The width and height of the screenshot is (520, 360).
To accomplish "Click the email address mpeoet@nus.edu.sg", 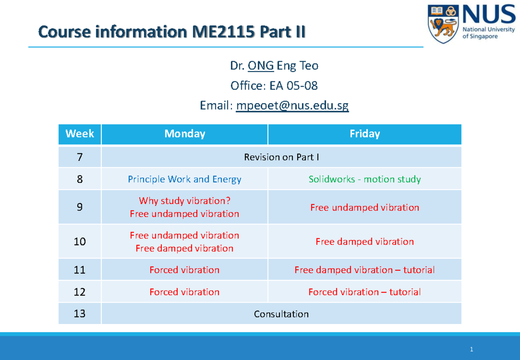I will tap(292, 105).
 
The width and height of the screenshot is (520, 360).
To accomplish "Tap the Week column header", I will tap(80, 134).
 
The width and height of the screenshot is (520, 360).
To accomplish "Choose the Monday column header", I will tap(185, 134).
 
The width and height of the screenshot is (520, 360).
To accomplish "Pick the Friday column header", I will tap(364, 134).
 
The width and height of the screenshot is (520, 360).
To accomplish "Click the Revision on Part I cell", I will tap(281, 157).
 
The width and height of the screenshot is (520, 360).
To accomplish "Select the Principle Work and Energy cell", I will tap(185, 179).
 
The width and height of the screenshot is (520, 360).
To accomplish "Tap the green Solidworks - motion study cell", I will tap(364, 179).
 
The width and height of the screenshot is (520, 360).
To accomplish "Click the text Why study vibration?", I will tap(185, 201).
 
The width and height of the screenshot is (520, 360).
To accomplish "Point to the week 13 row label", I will tap(80, 314).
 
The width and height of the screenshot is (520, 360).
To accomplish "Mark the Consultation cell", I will tap(281, 314).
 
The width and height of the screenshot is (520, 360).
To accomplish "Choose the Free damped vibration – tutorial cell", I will tap(364, 270).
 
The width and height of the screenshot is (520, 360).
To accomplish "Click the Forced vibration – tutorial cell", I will tap(364, 292).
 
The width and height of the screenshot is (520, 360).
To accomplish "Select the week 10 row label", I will tap(80, 242).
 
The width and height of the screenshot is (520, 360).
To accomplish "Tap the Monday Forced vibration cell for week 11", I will tap(185, 270).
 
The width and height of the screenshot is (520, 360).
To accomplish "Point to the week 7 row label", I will tap(80, 157).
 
